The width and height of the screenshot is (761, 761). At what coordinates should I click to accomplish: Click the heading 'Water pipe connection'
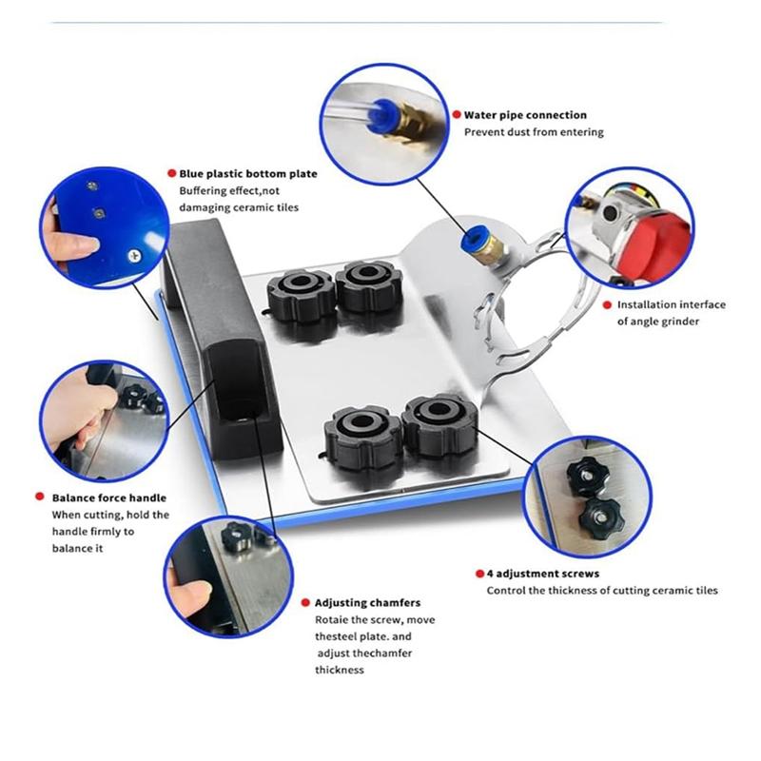pos(525,115)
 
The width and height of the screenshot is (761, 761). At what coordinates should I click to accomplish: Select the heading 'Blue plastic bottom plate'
pos(248,174)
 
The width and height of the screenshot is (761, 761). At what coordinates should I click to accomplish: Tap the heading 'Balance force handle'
pos(109,498)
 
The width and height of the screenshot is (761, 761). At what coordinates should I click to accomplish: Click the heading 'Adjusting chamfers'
pos(367,602)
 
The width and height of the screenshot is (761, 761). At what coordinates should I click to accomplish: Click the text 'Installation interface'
pos(671,304)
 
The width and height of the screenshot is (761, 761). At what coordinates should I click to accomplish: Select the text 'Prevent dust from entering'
pos(533,132)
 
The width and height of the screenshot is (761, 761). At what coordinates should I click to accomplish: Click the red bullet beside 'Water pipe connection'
pos(455,114)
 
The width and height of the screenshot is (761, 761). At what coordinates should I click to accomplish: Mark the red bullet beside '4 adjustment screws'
pos(478,574)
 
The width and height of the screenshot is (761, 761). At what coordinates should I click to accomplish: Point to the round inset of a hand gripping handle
pos(104,419)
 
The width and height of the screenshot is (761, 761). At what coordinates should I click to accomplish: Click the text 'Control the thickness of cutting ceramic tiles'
pos(602,591)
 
